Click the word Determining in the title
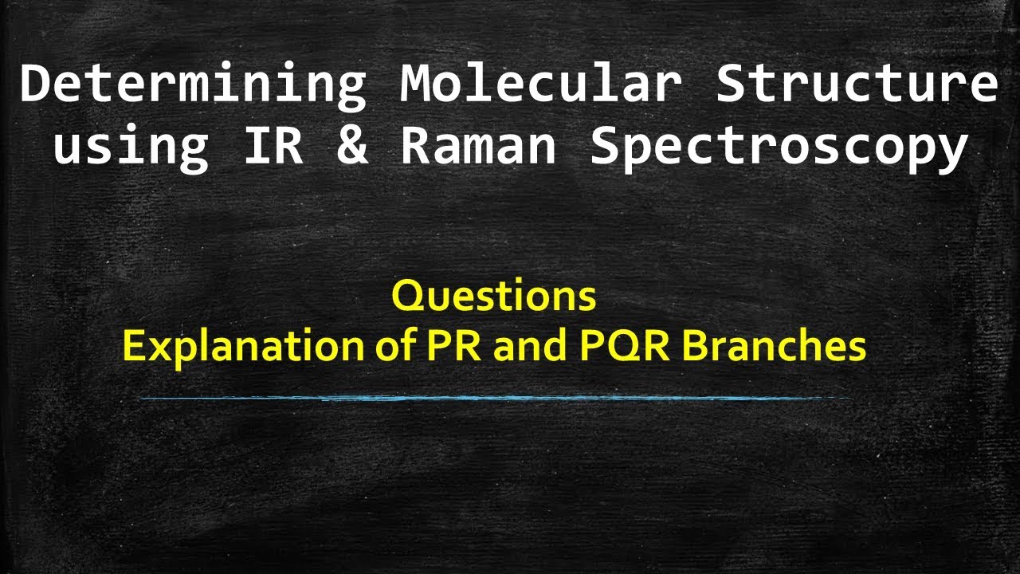(192, 84)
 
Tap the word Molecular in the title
(542, 84)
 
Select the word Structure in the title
(857, 84)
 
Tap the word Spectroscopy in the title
(779, 147)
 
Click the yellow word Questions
(494, 297)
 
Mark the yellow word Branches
(776, 347)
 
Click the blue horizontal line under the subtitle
(494, 397)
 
